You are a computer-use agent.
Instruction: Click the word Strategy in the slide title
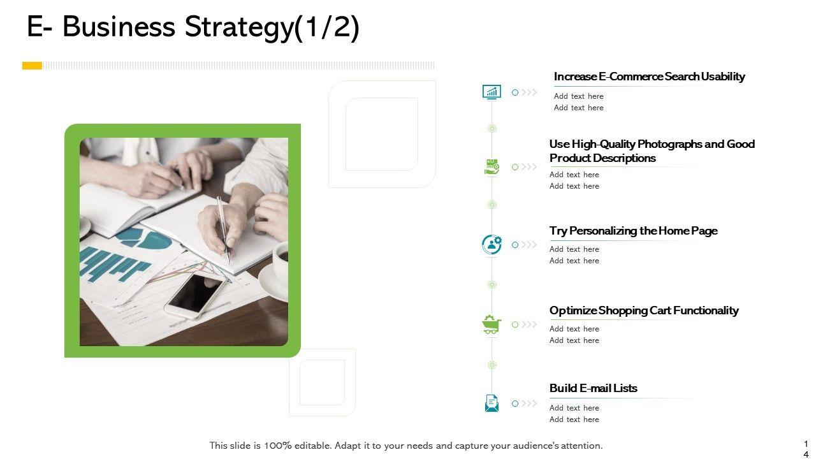point(239,27)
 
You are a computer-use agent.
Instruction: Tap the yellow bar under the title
point(32,66)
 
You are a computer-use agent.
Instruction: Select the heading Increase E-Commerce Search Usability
point(649,76)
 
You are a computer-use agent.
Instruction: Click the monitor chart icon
point(492,92)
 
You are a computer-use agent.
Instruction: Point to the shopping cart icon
point(492,324)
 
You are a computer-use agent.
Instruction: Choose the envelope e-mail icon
point(492,404)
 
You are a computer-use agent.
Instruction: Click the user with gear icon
point(492,244)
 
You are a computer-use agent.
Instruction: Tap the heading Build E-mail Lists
point(593,388)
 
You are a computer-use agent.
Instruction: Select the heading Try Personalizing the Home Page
point(633,231)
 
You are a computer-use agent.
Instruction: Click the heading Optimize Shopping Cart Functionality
point(644,310)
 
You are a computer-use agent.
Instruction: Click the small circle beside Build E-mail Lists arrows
point(514,404)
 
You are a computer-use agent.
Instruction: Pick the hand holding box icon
point(492,167)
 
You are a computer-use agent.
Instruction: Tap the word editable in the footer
point(312,446)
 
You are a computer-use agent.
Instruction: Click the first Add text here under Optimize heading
point(574,329)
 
